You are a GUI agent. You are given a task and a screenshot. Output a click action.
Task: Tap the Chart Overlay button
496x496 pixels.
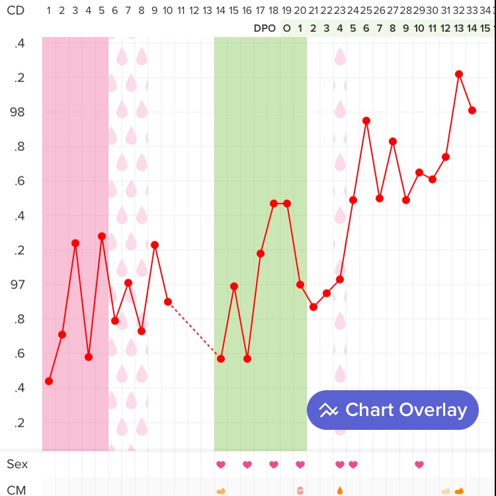(x=392, y=410)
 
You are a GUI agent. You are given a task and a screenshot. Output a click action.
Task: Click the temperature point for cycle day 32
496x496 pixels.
(x=459, y=74)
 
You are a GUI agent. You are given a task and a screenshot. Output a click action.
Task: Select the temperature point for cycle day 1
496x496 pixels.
(x=49, y=381)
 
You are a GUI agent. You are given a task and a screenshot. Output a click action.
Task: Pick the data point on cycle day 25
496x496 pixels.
(x=366, y=121)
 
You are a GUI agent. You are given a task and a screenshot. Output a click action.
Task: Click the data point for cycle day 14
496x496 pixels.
(x=221, y=358)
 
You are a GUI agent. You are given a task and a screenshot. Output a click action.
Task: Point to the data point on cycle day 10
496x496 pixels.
(x=168, y=302)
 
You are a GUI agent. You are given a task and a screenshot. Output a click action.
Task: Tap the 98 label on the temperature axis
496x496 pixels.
(x=17, y=112)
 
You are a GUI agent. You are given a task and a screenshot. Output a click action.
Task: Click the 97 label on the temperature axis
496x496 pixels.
(x=17, y=284)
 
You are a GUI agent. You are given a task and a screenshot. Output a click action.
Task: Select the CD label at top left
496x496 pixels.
(x=15, y=11)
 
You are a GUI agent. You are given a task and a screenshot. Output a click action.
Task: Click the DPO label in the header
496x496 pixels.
(x=265, y=28)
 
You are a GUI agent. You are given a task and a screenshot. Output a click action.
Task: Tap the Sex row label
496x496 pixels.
(x=17, y=464)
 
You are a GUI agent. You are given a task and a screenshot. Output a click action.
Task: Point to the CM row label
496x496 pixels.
(x=17, y=490)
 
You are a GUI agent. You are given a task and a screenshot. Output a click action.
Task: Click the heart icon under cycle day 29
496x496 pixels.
(x=419, y=464)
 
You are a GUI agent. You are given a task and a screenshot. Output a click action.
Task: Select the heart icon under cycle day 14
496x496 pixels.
(x=221, y=464)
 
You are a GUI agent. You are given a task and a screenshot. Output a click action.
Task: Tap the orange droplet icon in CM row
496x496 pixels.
(x=340, y=491)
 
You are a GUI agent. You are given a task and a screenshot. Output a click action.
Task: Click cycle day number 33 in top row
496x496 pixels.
(x=472, y=11)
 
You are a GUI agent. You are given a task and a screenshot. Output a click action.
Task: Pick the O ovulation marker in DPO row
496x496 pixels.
(x=286, y=28)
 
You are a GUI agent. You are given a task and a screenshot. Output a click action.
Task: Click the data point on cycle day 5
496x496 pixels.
(x=102, y=236)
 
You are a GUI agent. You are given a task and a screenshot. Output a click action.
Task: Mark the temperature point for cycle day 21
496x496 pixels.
(x=313, y=307)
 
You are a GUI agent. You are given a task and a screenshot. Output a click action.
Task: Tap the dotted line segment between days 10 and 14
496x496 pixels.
(x=194, y=330)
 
